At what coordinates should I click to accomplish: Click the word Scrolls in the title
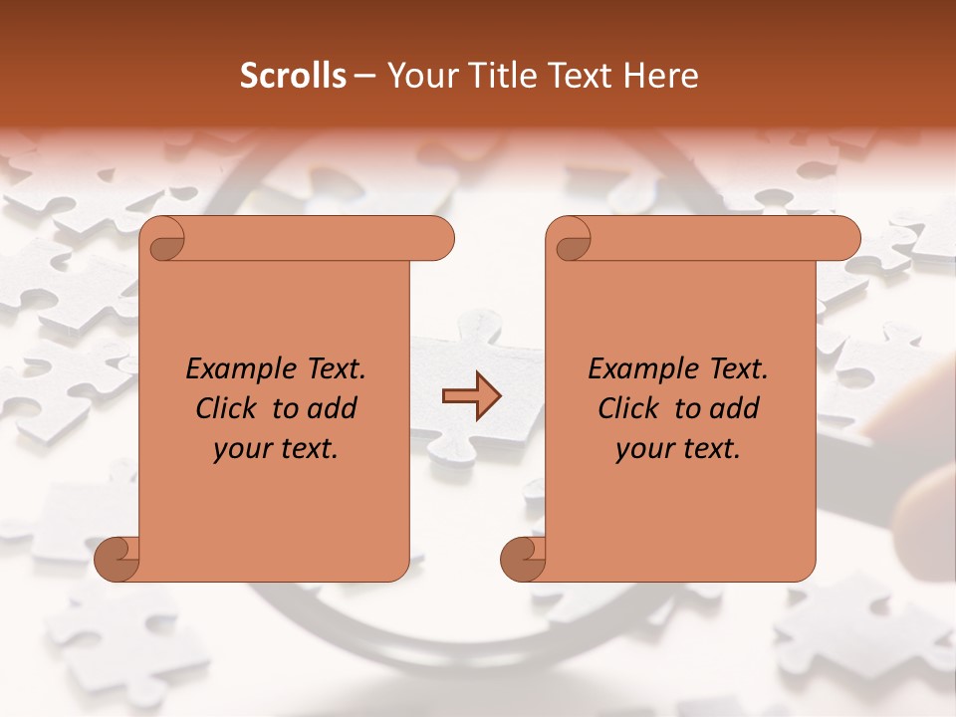click(293, 76)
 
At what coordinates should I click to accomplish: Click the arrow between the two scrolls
click(471, 396)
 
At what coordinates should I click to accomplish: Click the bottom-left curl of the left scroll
click(118, 559)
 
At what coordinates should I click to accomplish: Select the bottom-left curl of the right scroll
click(524, 559)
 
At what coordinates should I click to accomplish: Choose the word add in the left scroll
click(332, 409)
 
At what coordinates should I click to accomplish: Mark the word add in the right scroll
click(734, 409)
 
